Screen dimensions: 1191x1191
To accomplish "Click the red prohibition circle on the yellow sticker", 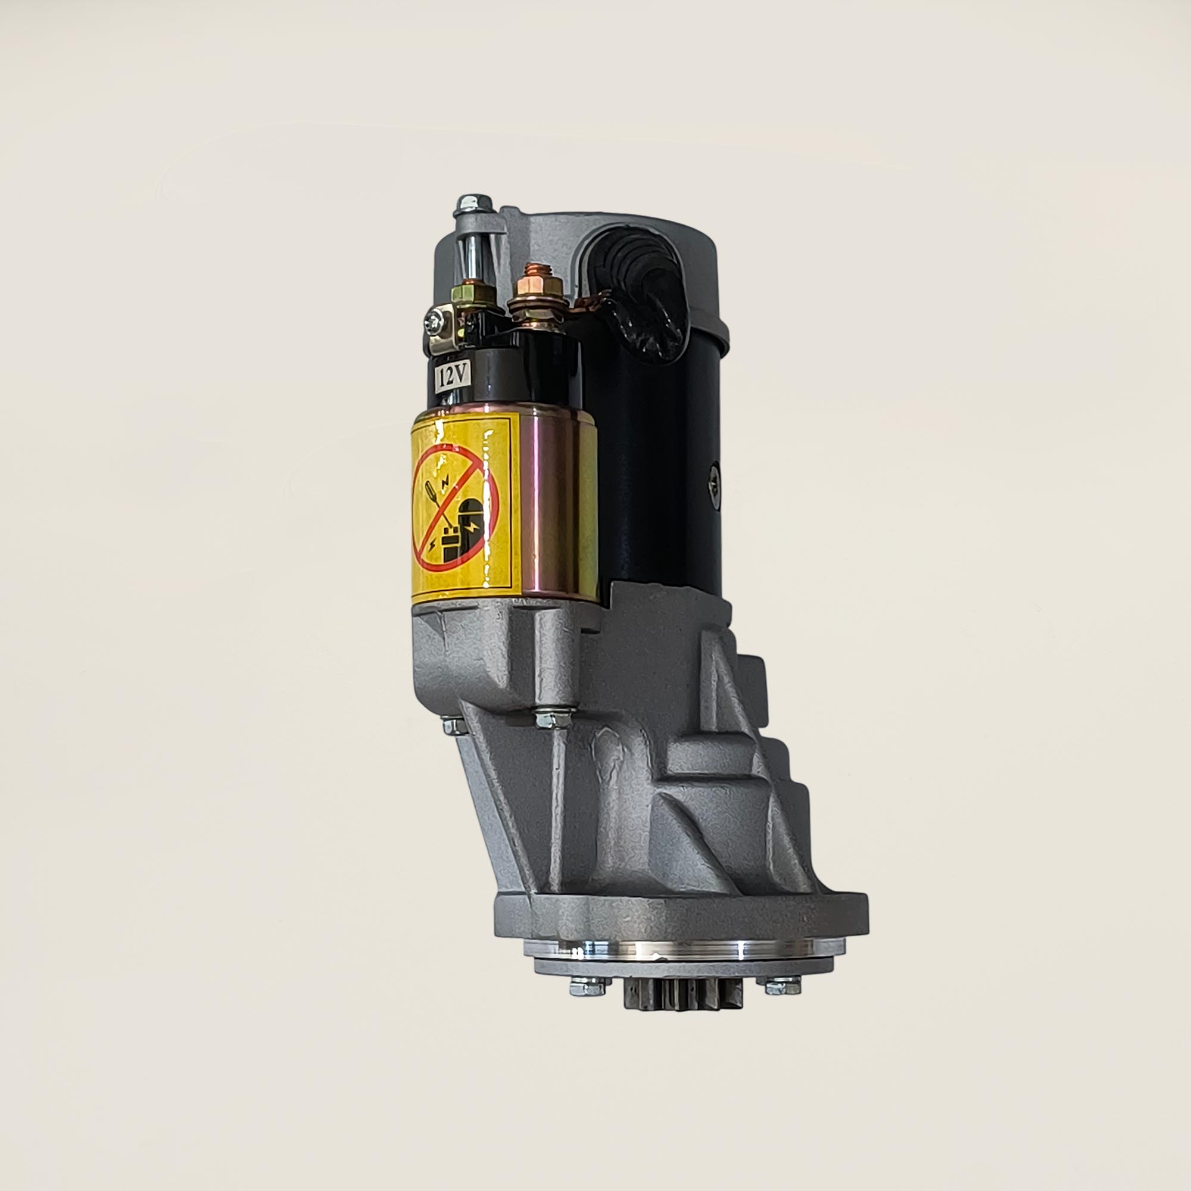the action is tap(455, 509).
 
